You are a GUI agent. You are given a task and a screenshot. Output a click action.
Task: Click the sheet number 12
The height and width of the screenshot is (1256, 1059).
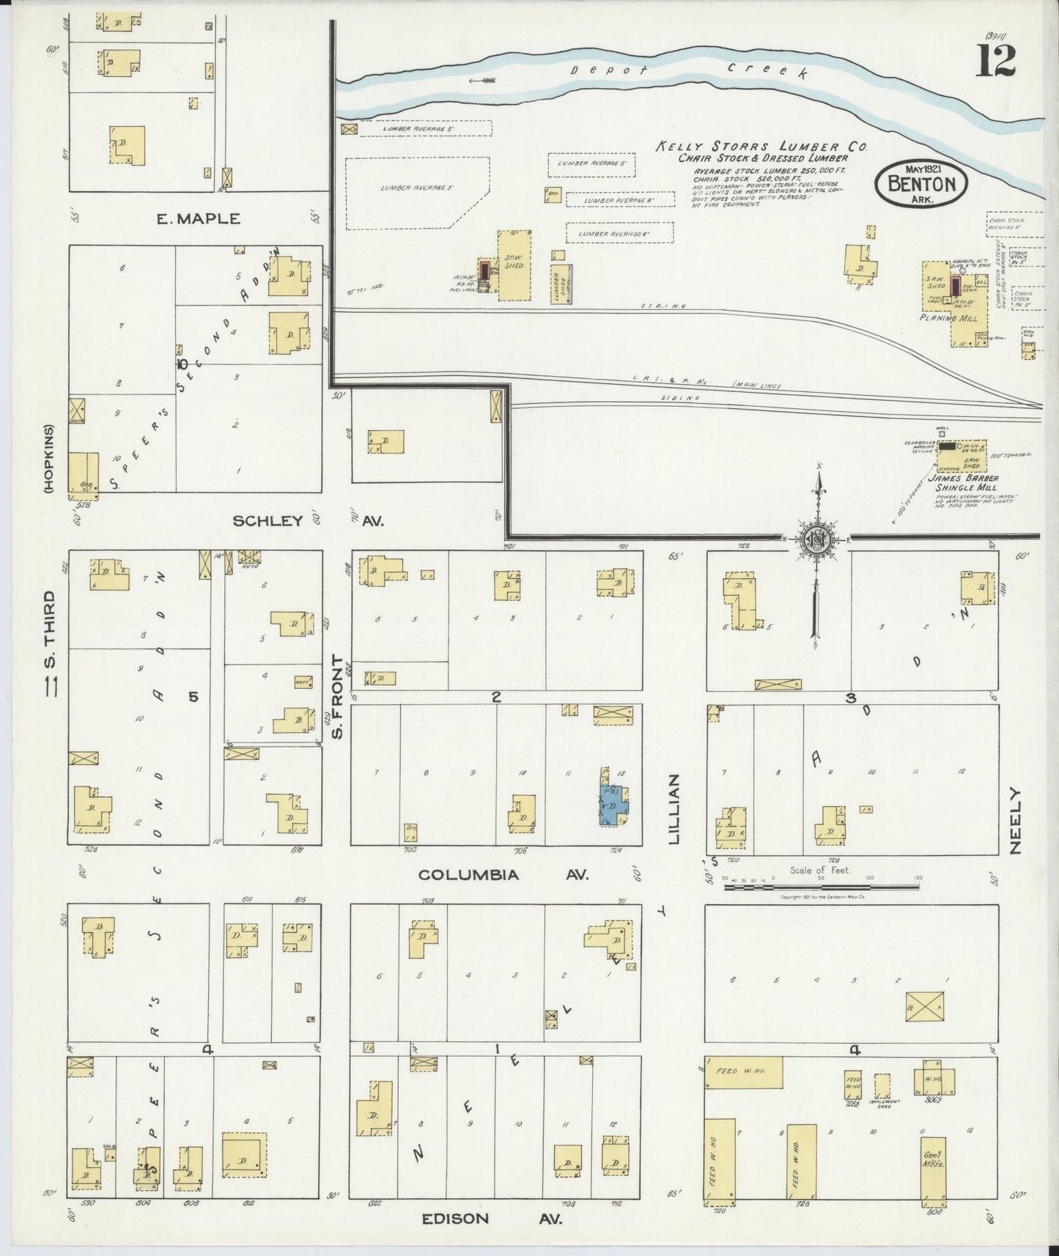995,60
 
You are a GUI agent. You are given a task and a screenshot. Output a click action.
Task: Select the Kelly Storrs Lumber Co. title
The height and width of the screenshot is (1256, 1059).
761,147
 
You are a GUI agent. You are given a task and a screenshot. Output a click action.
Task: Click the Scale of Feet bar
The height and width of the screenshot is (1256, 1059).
821,886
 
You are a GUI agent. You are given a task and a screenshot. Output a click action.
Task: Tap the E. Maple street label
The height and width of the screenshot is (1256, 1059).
198,218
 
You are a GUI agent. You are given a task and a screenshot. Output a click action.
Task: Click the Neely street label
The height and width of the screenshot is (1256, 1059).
1015,821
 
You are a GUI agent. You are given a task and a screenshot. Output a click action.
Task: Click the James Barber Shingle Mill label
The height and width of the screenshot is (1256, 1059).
962,483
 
